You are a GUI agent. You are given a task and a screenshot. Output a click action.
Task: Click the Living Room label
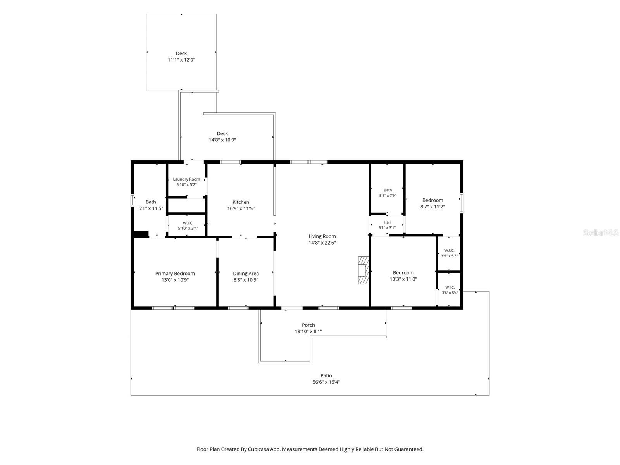(x=322, y=236)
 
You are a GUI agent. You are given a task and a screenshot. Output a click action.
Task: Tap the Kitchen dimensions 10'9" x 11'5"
(x=241, y=208)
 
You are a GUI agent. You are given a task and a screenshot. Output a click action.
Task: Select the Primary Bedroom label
(x=175, y=273)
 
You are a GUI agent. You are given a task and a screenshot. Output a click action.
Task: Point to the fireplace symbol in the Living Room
(x=363, y=270)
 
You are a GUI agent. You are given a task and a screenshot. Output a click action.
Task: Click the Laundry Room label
(x=186, y=179)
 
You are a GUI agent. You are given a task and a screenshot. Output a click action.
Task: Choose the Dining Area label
(x=246, y=273)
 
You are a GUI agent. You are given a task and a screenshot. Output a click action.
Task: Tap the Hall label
(x=387, y=222)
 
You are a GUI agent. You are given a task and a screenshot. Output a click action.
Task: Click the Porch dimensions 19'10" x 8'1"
(x=308, y=331)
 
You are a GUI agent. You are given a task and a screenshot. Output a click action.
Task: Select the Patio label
(x=326, y=375)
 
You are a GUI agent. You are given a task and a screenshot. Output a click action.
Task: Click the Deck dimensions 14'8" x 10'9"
(x=222, y=140)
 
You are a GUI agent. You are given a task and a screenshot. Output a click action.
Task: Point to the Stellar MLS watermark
(x=601, y=232)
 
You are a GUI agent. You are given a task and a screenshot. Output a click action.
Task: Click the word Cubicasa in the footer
(x=258, y=449)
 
